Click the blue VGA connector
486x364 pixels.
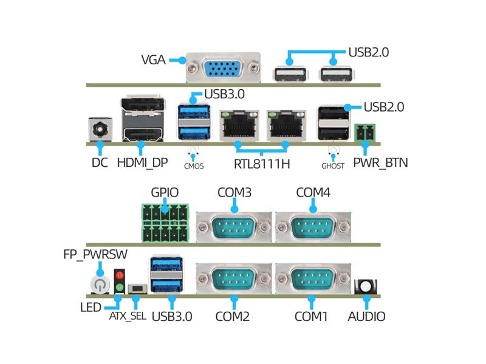point(223,69)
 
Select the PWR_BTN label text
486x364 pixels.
point(380,163)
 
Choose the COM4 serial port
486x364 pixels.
point(313,228)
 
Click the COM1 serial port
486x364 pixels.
point(313,280)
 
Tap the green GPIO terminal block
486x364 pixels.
point(166,223)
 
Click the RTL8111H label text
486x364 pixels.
point(262,164)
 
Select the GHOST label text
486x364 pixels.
point(333,166)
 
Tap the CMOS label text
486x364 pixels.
point(194,166)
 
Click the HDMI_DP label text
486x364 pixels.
point(142,163)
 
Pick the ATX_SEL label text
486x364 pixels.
point(128,316)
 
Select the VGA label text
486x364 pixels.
point(153,60)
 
